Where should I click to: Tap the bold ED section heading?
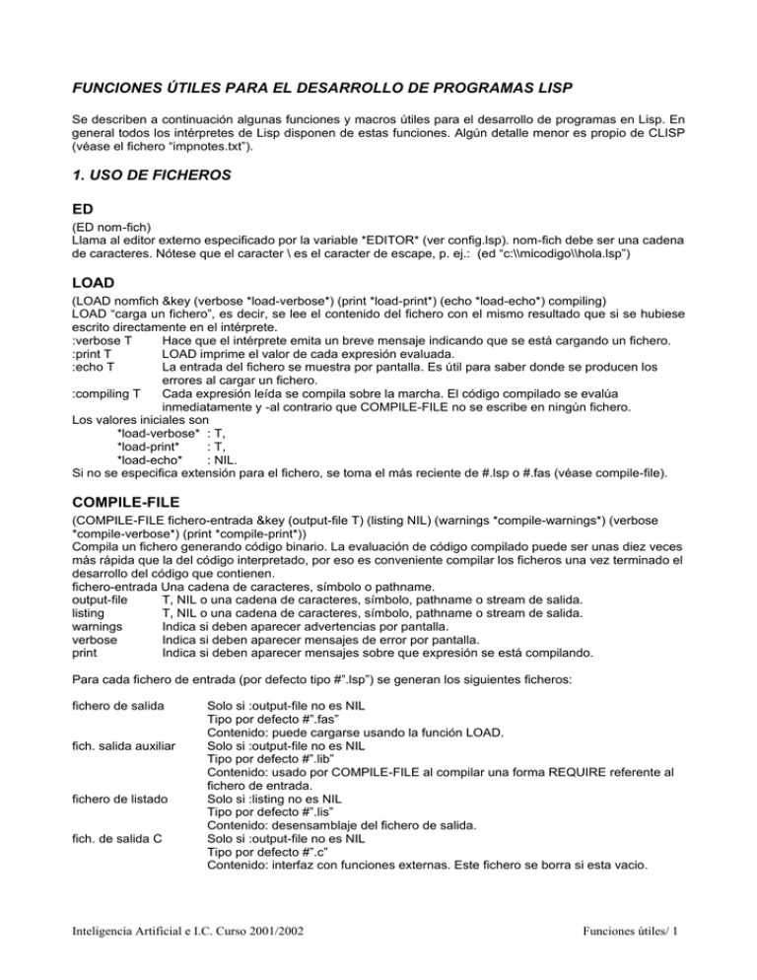(x=86, y=237)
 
